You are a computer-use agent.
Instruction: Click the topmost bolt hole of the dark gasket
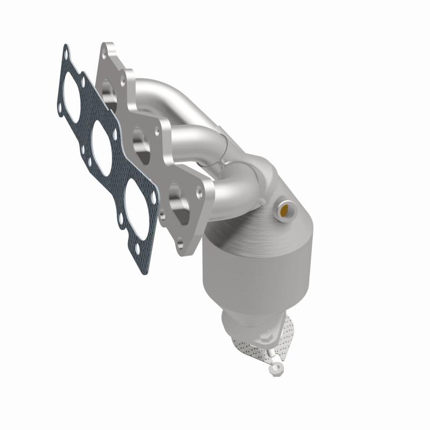pyautogui.click(x=66, y=52)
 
